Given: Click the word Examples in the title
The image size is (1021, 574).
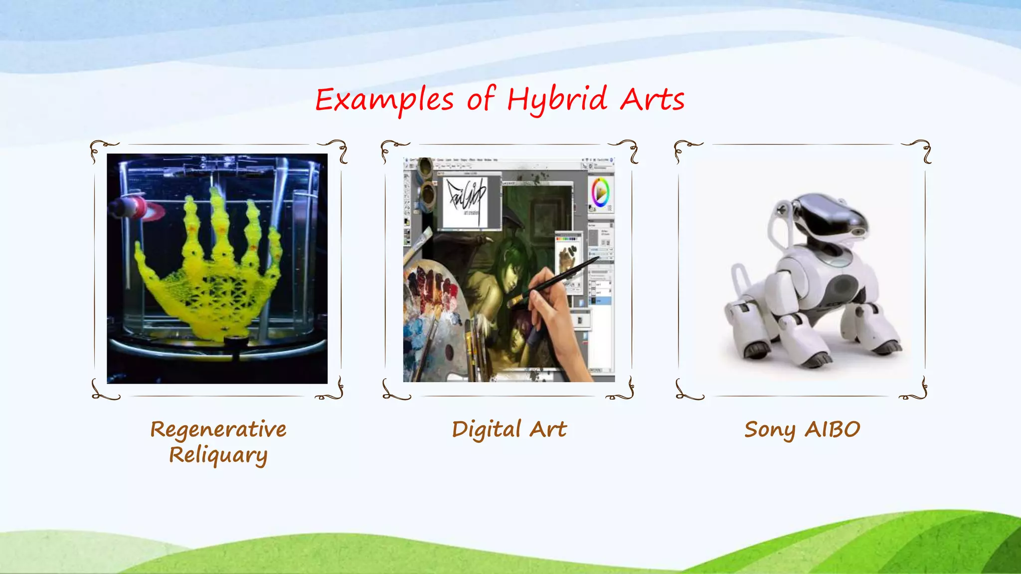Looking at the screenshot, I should click(384, 100).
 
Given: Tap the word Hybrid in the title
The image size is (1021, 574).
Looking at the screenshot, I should click(557, 100).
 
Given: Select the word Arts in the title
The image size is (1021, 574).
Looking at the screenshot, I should click(652, 100).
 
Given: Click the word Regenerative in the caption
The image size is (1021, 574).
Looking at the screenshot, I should click(218, 430).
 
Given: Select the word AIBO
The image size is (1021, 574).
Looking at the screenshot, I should click(833, 430).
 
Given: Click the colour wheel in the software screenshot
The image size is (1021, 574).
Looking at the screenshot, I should click(600, 192).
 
